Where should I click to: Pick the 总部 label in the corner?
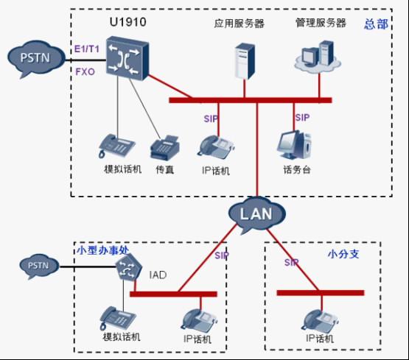[x=377, y=24]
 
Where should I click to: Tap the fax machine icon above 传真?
[x=163, y=148]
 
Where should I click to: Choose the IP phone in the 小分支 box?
[x=319, y=317]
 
